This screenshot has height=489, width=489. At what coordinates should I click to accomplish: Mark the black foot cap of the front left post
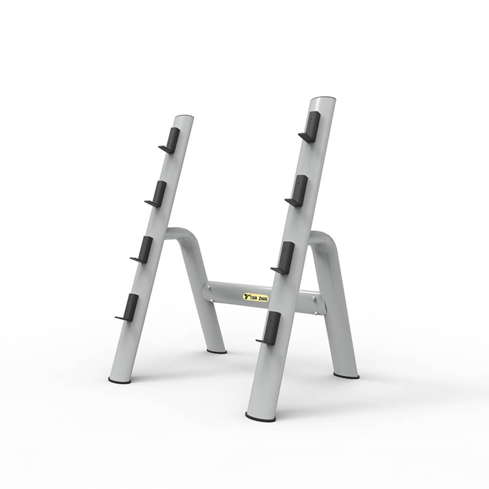tap(119, 380)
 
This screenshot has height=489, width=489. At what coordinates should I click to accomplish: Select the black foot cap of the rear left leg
tap(216, 351)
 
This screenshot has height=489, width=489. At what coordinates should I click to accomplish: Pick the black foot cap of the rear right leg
tap(346, 376)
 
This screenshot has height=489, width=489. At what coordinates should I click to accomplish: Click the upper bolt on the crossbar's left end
tap(209, 288)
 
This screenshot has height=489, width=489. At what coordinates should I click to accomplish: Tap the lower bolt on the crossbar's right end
tap(315, 313)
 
